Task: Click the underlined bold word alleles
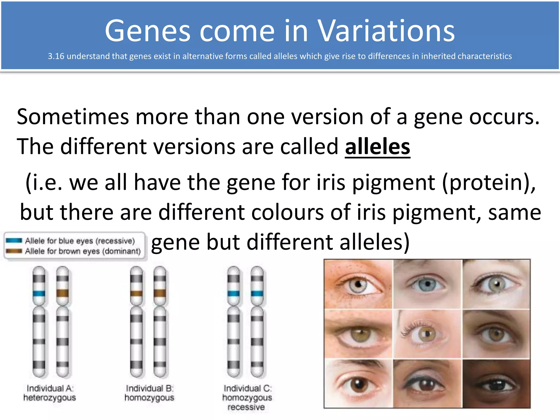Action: pos(377,147)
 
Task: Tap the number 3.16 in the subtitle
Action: pos(56,56)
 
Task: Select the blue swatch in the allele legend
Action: pos(14,241)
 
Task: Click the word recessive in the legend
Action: pos(115,241)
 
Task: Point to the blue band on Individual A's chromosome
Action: pos(39,294)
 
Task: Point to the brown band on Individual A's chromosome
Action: pos(62,293)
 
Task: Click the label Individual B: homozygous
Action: pos(149,393)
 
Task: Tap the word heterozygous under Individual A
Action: pos(49,398)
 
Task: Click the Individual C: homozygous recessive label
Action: pos(247,398)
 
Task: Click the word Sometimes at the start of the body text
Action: pos(72,117)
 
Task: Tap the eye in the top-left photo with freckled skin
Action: pos(357,286)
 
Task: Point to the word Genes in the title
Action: pos(148,31)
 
